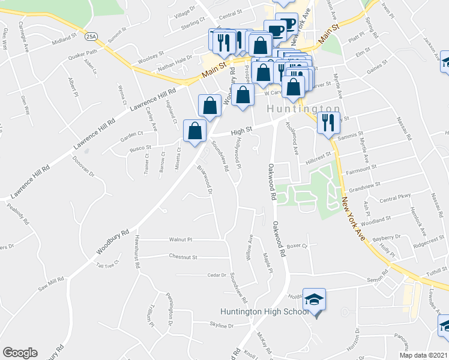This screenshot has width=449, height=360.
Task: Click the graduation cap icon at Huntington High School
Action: (314, 299)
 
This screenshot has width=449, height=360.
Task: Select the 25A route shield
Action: (91, 37)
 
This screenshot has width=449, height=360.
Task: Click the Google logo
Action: (20, 352)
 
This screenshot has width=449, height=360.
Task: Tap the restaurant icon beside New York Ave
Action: (328, 122)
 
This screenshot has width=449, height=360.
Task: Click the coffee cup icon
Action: (276, 30)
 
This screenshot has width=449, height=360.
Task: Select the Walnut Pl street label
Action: (181, 239)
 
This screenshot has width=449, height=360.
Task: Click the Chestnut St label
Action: (184, 257)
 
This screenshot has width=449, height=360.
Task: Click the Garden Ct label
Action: (131, 134)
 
